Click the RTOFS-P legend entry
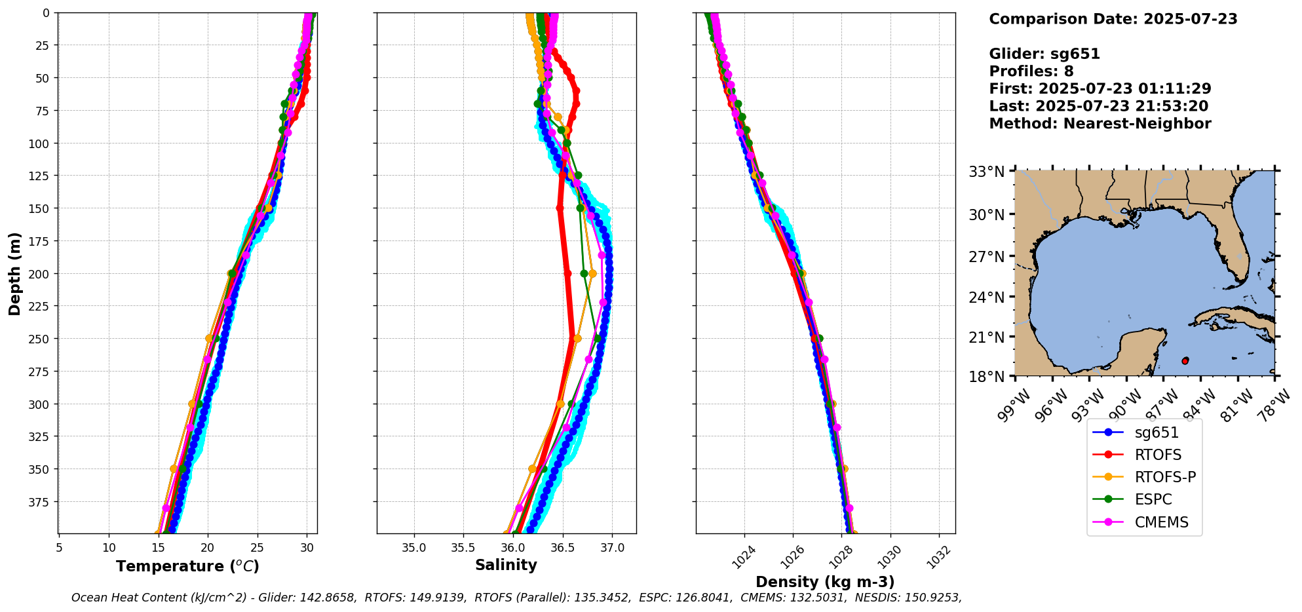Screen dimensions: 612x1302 click(1165, 477)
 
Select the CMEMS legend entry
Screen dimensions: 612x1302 click(1161, 522)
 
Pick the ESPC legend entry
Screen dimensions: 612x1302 click(1153, 499)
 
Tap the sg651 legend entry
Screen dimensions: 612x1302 click(1157, 432)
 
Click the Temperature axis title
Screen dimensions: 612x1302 click(187, 566)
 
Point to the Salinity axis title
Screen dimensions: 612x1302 click(506, 565)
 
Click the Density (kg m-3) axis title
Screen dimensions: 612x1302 click(825, 582)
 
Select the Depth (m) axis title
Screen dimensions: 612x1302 click(14, 273)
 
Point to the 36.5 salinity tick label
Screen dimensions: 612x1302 click(562, 548)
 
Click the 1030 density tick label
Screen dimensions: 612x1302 click(889, 556)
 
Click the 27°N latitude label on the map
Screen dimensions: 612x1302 click(987, 256)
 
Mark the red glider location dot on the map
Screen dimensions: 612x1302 click(1185, 361)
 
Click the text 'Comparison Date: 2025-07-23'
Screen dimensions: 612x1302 click(1113, 19)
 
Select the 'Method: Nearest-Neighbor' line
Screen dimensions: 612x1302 click(1100, 124)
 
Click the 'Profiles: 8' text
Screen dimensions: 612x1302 click(1031, 71)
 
